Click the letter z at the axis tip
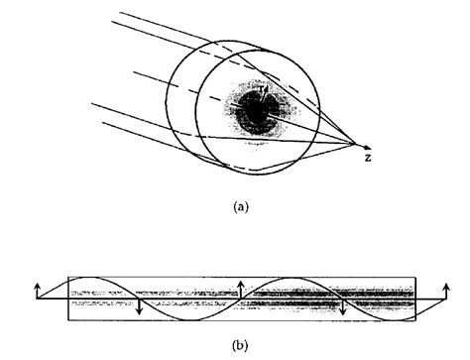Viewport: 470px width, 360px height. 367,158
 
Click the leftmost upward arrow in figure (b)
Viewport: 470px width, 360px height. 37,288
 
